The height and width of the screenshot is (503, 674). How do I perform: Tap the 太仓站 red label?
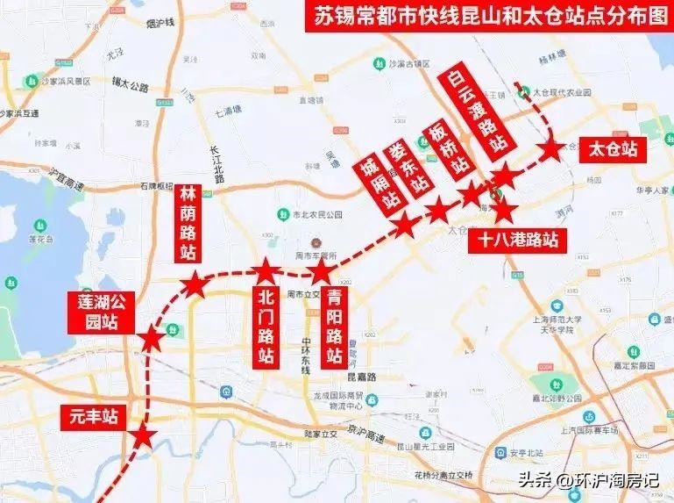613,149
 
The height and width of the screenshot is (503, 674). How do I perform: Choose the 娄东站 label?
409,168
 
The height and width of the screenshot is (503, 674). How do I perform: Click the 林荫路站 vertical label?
189,223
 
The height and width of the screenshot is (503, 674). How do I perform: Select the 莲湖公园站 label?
101,313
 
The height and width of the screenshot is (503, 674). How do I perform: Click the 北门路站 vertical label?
267,327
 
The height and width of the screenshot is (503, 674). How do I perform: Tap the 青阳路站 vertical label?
333,327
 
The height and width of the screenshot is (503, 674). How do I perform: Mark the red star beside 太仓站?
551,149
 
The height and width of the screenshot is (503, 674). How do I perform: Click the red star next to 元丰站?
142,435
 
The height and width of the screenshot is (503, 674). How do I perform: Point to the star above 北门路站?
266,269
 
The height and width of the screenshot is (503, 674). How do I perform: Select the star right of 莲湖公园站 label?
152,337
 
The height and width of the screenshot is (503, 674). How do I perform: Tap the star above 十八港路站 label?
505,211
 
